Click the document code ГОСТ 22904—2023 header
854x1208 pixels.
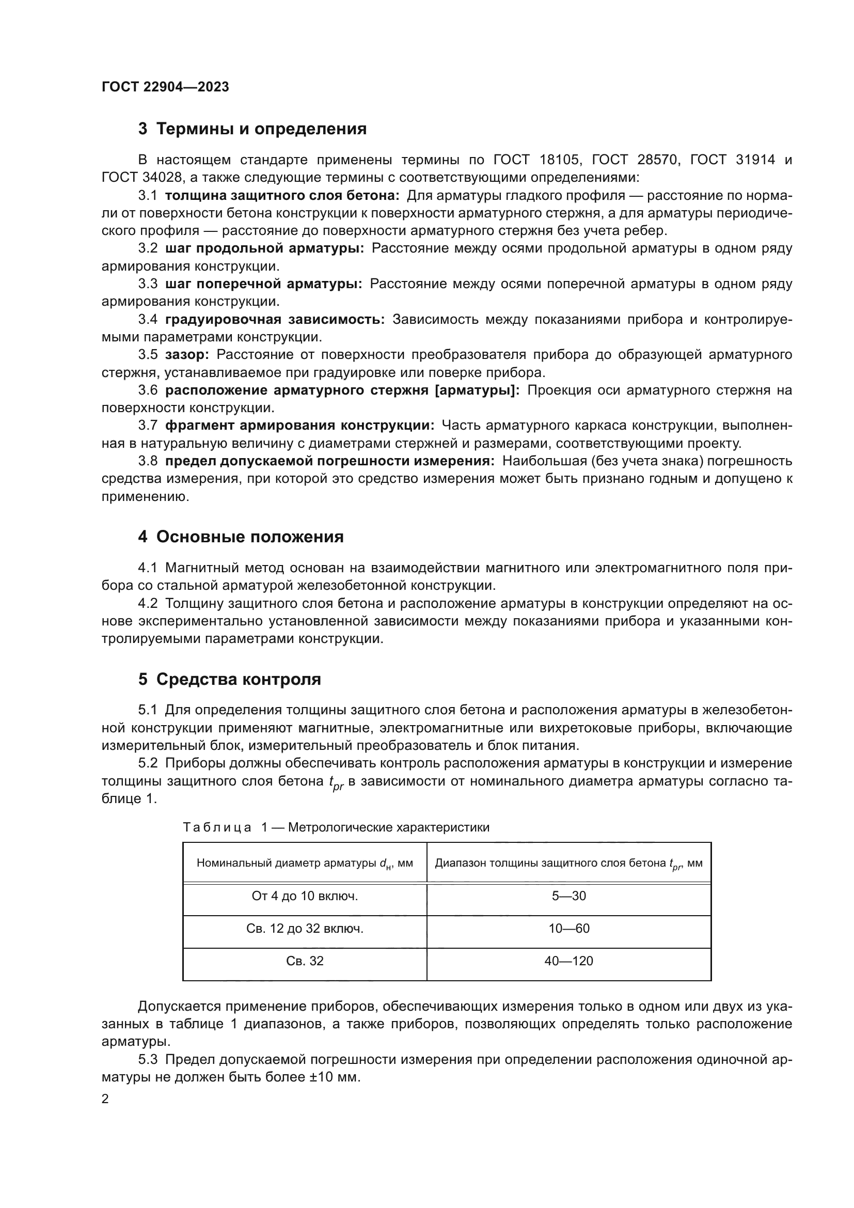(x=165, y=87)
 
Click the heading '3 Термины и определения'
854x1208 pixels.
(x=252, y=129)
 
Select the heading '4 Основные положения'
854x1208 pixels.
(x=241, y=537)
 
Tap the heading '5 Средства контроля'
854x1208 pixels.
(x=229, y=679)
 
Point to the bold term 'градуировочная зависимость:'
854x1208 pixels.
(x=275, y=319)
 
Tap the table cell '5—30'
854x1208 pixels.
(x=568, y=896)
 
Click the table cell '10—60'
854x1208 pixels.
(x=568, y=929)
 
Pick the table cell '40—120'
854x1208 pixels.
(x=568, y=961)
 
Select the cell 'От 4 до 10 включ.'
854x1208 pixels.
(x=305, y=896)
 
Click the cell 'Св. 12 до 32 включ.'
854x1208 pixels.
(x=305, y=929)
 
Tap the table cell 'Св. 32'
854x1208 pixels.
(x=305, y=961)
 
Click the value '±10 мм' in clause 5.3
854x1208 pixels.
(x=334, y=1077)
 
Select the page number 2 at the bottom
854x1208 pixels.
(x=105, y=1099)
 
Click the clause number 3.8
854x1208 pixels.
(x=148, y=461)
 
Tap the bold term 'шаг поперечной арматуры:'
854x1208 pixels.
(x=263, y=284)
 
